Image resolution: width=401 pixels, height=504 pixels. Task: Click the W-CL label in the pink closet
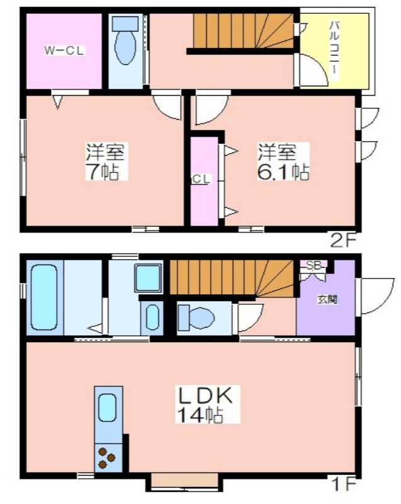click(64, 51)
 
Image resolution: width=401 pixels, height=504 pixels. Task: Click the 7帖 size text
click(102, 172)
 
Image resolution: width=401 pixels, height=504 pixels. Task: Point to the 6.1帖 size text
click(283, 172)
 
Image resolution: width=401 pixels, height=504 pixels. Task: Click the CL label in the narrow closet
click(201, 180)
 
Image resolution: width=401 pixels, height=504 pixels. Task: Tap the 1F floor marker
click(345, 484)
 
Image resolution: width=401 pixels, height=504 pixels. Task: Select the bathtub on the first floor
click(44, 297)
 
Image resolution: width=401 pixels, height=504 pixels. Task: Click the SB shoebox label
click(313, 265)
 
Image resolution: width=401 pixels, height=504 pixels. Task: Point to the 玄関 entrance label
click(327, 300)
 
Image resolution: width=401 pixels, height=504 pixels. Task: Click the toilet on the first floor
click(196, 318)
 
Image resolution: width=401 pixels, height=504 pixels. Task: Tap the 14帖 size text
click(200, 415)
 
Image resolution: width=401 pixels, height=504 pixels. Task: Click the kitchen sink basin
click(107, 408)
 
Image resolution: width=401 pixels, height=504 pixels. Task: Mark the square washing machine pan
click(148, 278)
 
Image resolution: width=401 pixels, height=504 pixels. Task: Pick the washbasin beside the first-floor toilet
click(152, 318)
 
